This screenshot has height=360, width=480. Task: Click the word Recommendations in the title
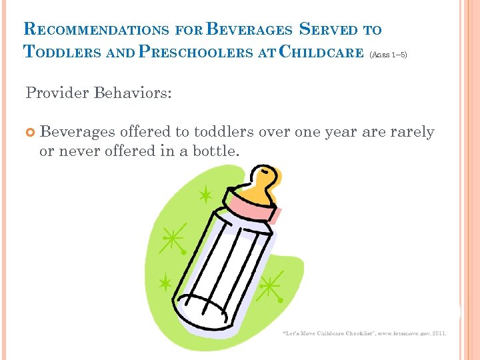point(97,29)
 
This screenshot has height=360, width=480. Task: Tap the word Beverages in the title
point(250,29)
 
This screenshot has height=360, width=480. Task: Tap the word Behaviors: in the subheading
point(133,93)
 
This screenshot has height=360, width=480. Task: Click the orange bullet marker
point(30,133)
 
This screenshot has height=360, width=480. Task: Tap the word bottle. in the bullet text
point(215,151)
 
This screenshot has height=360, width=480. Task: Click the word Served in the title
point(331,29)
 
